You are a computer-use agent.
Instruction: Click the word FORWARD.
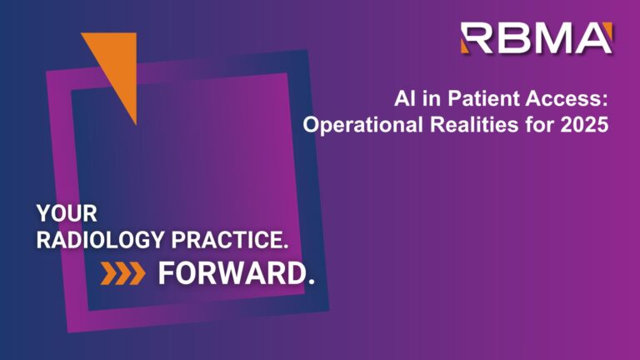[237, 273]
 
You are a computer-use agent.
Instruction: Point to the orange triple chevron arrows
[123, 273]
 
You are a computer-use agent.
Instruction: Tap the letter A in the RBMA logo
[595, 38]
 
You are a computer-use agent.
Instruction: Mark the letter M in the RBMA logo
[556, 38]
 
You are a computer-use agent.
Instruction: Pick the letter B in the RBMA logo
[517, 38]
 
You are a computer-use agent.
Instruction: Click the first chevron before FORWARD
[109, 273]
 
